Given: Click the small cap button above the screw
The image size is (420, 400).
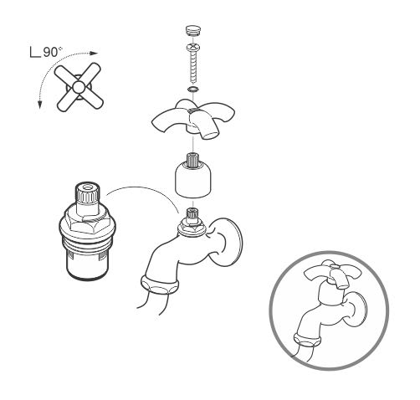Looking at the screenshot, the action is point(192,30).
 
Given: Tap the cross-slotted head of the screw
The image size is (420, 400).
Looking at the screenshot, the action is point(192,48).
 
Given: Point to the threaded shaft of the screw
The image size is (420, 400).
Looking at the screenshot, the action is point(193,68).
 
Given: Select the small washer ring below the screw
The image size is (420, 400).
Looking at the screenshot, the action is point(192,90).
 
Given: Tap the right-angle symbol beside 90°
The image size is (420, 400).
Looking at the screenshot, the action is point(34,52).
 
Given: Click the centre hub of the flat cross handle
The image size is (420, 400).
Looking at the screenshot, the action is point(79,87).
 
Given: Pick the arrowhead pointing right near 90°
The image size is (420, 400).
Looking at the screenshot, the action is point(95,53).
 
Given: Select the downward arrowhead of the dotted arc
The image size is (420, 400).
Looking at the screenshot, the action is point(40,105).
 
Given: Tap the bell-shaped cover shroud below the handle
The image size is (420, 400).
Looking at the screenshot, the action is point(193,181).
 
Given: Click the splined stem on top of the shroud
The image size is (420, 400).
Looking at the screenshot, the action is point(192,161).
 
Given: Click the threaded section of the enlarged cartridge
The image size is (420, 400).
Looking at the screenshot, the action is point(87,241).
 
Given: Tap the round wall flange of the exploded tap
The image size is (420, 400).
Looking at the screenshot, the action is point(227,242).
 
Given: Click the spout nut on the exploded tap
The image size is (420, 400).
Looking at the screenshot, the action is point(160,285).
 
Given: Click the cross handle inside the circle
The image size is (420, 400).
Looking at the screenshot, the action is point(332,274).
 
